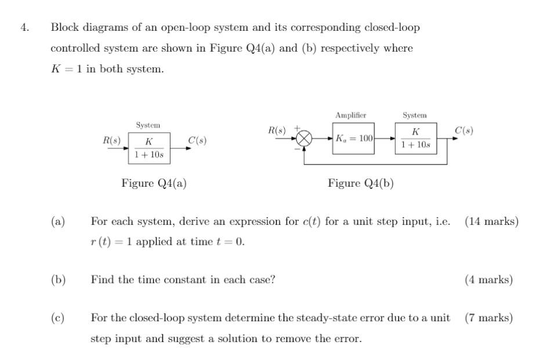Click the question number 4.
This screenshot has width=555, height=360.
pyautogui.click(x=24, y=27)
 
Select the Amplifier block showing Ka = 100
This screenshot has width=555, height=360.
pyautogui.click(x=353, y=139)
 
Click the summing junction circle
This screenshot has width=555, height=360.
pyautogui.click(x=304, y=139)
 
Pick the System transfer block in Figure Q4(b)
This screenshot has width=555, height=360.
pyautogui.click(x=415, y=139)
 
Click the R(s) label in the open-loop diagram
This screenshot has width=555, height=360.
pyautogui.click(x=112, y=140)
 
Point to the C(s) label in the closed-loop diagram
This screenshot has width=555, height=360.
pyautogui.click(x=464, y=130)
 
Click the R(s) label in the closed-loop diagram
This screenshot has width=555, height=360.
pyautogui.click(x=277, y=130)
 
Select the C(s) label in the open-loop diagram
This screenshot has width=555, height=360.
pyautogui.click(x=197, y=140)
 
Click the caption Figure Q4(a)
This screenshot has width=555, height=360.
pyautogui.click(x=154, y=183)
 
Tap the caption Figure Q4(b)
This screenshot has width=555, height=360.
pyautogui.click(x=360, y=183)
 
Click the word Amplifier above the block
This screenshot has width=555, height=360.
pyautogui.click(x=350, y=115)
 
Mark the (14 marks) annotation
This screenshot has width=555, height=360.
pyautogui.click(x=491, y=221)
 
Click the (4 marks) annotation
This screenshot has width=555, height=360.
pyautogui.click(x=488, y=280)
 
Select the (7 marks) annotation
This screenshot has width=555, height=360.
pyautogui.click(x=488, y=318)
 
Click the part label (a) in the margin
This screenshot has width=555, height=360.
pyautogui.click(x=57, y=221)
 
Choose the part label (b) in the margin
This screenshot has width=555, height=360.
pyautogui.click(x=57, y=280)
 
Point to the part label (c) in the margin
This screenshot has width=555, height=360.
pyautogui.click(x=57, y=318)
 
